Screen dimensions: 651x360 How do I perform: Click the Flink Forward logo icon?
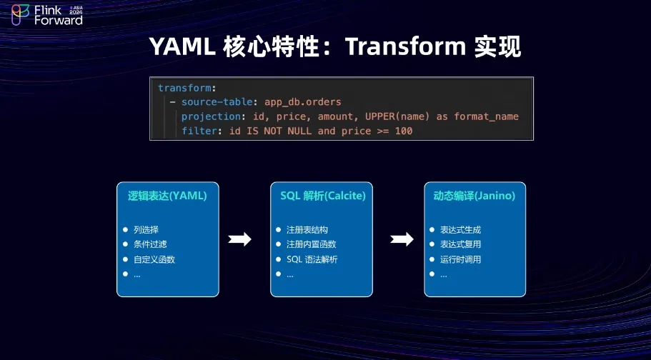[20, 15]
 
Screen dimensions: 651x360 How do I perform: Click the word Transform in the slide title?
[406, 46]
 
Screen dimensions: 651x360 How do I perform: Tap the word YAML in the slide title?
[182, 46]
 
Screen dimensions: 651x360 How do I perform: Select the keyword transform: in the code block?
[187, 88]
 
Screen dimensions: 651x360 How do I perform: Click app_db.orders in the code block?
[303, 102]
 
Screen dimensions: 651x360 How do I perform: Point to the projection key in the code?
[211, 116]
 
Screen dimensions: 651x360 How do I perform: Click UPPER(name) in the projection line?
[397, 116]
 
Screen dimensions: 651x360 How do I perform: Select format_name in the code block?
[486, 116]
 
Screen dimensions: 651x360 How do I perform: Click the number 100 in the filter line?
[404, 131]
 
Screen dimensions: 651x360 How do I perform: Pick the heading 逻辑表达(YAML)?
[167, 196]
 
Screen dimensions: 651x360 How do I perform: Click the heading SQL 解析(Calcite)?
[322, 196]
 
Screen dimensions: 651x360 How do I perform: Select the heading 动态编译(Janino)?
[474, 196]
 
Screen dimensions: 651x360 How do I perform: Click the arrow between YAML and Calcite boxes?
[239, 239]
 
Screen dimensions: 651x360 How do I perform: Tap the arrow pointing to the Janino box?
[402, 239]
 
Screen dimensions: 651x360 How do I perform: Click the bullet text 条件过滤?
[150, 244]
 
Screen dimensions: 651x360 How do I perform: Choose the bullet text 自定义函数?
[154, 259]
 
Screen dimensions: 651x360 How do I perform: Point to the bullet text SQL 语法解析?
[312, 259]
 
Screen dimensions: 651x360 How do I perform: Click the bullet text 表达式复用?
[460, 244]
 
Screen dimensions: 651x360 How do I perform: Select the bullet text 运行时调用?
[460, 259]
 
